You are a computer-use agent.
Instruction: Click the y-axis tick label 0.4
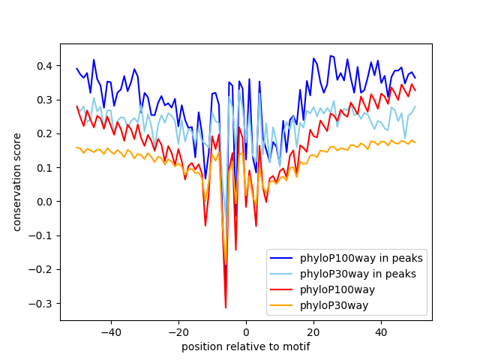click(46, 66)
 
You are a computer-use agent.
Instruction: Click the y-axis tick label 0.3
click(46, 100)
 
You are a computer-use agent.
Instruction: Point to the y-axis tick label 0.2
click(46, 133)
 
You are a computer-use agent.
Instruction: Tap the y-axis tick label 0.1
click(46, 167)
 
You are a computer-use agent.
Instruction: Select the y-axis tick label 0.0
click(46, 202)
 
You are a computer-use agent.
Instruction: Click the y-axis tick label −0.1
click(43, 235)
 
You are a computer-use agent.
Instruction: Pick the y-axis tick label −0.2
click(43, 269)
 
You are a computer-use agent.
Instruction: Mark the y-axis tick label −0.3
click(43, 303)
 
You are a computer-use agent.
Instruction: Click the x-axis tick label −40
click(111, 331)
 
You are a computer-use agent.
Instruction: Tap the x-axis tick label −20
click(178, 331)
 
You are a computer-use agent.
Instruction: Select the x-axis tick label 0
click(246, 331)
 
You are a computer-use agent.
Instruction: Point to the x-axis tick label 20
click(313, 331)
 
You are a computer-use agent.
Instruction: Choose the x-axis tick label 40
click(381, 331)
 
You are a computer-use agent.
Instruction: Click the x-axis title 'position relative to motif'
click(246, 346)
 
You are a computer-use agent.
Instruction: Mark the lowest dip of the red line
click(226, 307)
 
